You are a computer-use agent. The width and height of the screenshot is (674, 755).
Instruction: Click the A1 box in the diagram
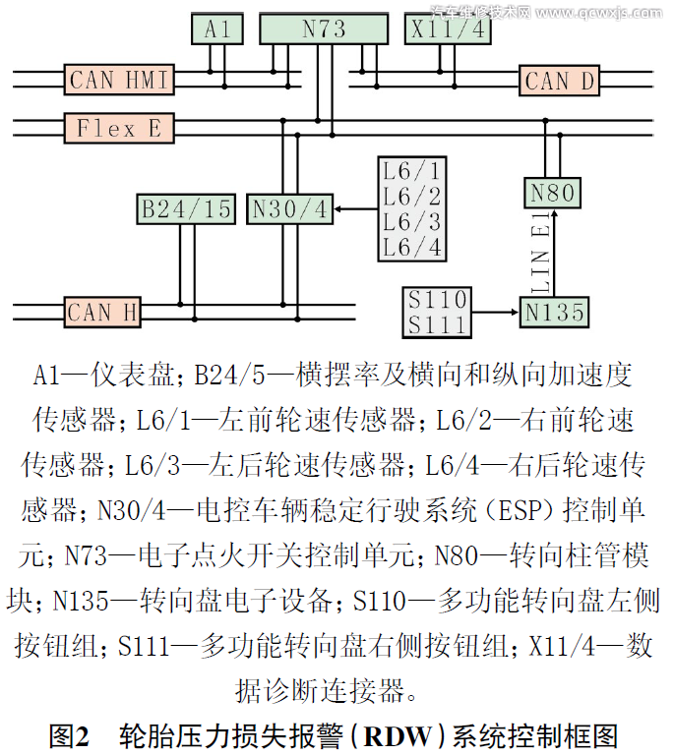tap(217, 30)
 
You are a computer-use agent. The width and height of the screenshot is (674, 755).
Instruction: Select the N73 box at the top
tap(324, 29)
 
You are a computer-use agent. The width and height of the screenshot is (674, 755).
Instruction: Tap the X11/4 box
tap(449, 29)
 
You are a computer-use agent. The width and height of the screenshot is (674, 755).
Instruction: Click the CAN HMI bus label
tap(118, 80)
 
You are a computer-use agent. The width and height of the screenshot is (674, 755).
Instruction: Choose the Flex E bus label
tap(118, 128)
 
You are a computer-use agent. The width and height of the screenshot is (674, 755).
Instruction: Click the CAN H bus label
tap(102, 313)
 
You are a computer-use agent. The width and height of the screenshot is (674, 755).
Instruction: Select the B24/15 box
tap(186, 209)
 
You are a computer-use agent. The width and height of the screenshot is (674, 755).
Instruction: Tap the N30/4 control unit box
tap(290, 209)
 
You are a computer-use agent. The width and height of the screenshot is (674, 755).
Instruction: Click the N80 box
tap(552, 193)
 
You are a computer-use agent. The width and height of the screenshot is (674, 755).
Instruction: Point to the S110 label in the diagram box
tap(438, 299)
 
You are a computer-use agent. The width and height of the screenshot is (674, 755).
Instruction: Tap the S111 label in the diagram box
tap(438, 324)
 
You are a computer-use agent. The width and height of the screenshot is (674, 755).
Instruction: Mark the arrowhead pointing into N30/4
tap(339, 208)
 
